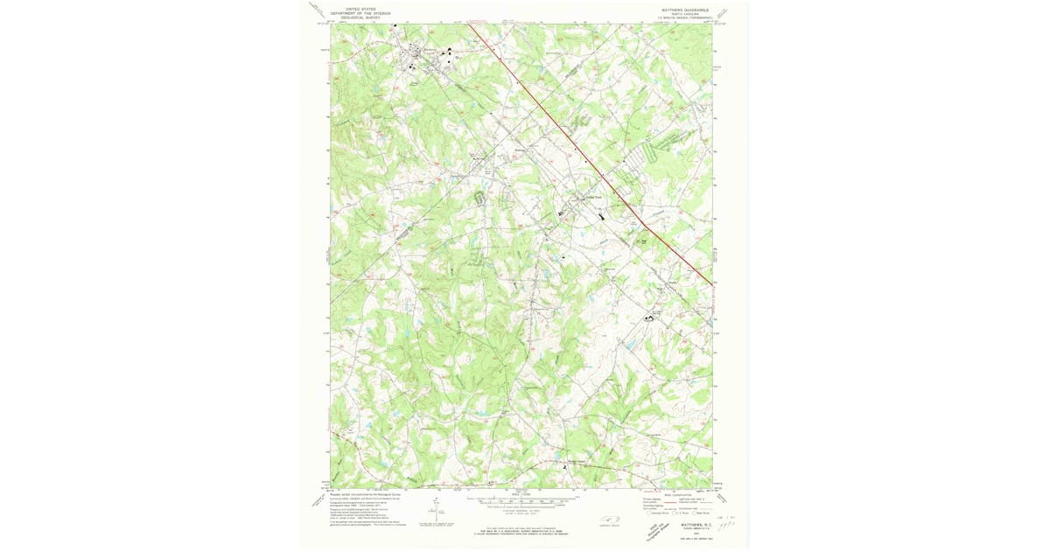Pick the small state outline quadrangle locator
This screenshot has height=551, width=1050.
609,521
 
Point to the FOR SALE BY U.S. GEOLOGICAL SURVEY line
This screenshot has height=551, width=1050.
522,529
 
